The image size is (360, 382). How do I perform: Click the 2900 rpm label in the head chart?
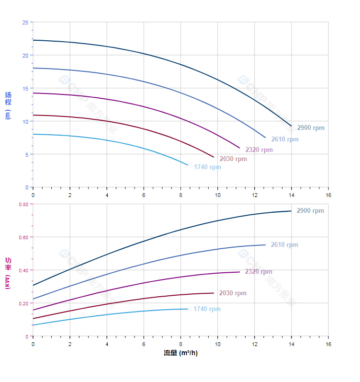coord(310,128)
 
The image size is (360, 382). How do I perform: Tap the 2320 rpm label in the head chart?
coord(259,150)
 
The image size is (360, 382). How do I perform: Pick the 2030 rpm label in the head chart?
coord(233,159)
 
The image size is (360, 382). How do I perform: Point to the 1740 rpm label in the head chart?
coord(207,167)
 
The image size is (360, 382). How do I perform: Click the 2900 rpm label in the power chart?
coord(310,211)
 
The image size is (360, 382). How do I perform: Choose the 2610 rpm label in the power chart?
coord(284,245)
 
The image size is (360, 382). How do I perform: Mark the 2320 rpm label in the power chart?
coord(259,272)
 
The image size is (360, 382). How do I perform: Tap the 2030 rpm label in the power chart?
coord(233,293)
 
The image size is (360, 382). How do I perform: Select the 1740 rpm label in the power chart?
coord(207,309)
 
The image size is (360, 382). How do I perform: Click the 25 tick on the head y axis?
coord(25,23)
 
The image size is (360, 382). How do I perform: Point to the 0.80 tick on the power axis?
coord(23,204)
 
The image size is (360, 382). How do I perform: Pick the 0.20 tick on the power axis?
coord(23,303)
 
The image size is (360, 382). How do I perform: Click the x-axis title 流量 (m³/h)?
coord(180,353)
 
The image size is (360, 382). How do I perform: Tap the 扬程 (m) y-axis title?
coord(8,105)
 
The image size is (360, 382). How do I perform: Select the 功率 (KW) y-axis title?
coord(8,273)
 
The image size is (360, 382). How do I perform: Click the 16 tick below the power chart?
coord(328,344)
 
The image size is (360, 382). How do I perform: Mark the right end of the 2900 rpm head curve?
coord(291,126)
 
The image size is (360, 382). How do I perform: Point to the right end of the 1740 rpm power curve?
coord(188,309)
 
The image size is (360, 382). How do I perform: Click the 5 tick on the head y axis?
coord(26,154)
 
